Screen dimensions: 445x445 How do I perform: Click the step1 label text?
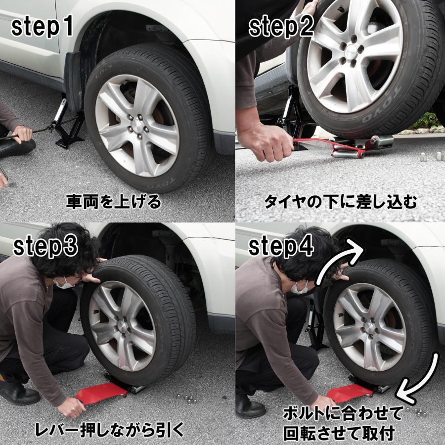point(42,28)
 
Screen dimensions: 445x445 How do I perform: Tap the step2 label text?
point(281,28)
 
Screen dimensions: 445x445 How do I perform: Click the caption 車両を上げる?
point(114,202)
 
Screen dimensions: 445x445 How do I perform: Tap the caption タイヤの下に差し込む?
point(341,202)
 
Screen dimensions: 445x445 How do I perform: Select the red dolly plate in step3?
point(101,393)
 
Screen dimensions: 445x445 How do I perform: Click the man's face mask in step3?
point(64,283)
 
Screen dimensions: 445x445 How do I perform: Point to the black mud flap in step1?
point(74,82)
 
